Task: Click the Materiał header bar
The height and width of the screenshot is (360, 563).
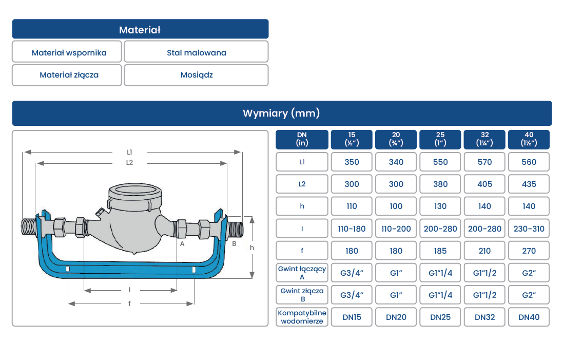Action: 140,29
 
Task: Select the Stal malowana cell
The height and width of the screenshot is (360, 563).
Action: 196,52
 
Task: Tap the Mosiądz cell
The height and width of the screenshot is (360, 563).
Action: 196,75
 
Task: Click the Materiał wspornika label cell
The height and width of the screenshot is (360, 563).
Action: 67,52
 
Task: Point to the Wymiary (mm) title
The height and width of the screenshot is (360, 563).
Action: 281,113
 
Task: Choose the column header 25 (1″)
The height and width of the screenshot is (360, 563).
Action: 440,139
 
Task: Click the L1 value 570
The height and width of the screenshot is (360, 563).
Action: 484,162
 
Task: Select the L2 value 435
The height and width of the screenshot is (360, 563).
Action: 529,184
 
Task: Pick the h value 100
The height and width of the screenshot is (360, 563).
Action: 396,206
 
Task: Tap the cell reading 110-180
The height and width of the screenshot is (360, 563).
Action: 352,229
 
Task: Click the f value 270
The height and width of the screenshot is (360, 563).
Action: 529,251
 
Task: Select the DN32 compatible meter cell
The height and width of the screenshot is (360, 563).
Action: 484,317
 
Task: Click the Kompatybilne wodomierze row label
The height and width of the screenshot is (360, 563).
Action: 302,317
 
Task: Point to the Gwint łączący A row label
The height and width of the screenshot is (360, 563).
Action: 302,273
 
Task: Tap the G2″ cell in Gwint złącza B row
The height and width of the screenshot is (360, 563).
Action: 529,295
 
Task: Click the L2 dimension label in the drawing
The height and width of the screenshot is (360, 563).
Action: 129,163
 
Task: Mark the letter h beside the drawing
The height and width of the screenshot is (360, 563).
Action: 251,248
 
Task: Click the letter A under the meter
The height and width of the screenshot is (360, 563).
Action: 182,244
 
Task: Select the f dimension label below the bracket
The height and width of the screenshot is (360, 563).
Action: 130,304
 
